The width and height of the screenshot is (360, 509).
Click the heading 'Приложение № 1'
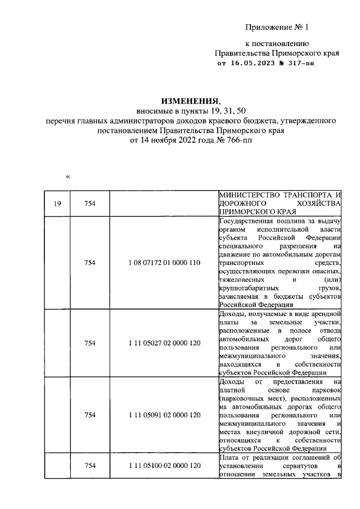click(277, 27)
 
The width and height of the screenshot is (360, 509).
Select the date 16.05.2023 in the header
click(251, 64)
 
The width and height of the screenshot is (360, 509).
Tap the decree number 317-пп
click(299, 64)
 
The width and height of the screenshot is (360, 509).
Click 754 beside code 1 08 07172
click(90, 262)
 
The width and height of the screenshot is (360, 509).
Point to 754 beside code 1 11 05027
click(90, 343)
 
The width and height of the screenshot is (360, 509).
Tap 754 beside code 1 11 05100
click(90, 466)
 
